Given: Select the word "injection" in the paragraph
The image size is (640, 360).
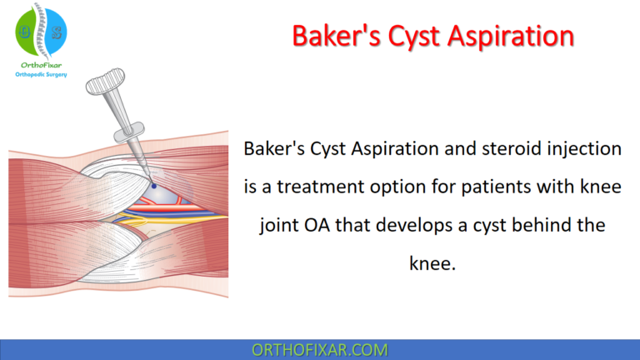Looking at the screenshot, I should pos(577,149).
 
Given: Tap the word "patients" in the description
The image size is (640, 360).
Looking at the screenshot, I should pos(502,188).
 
